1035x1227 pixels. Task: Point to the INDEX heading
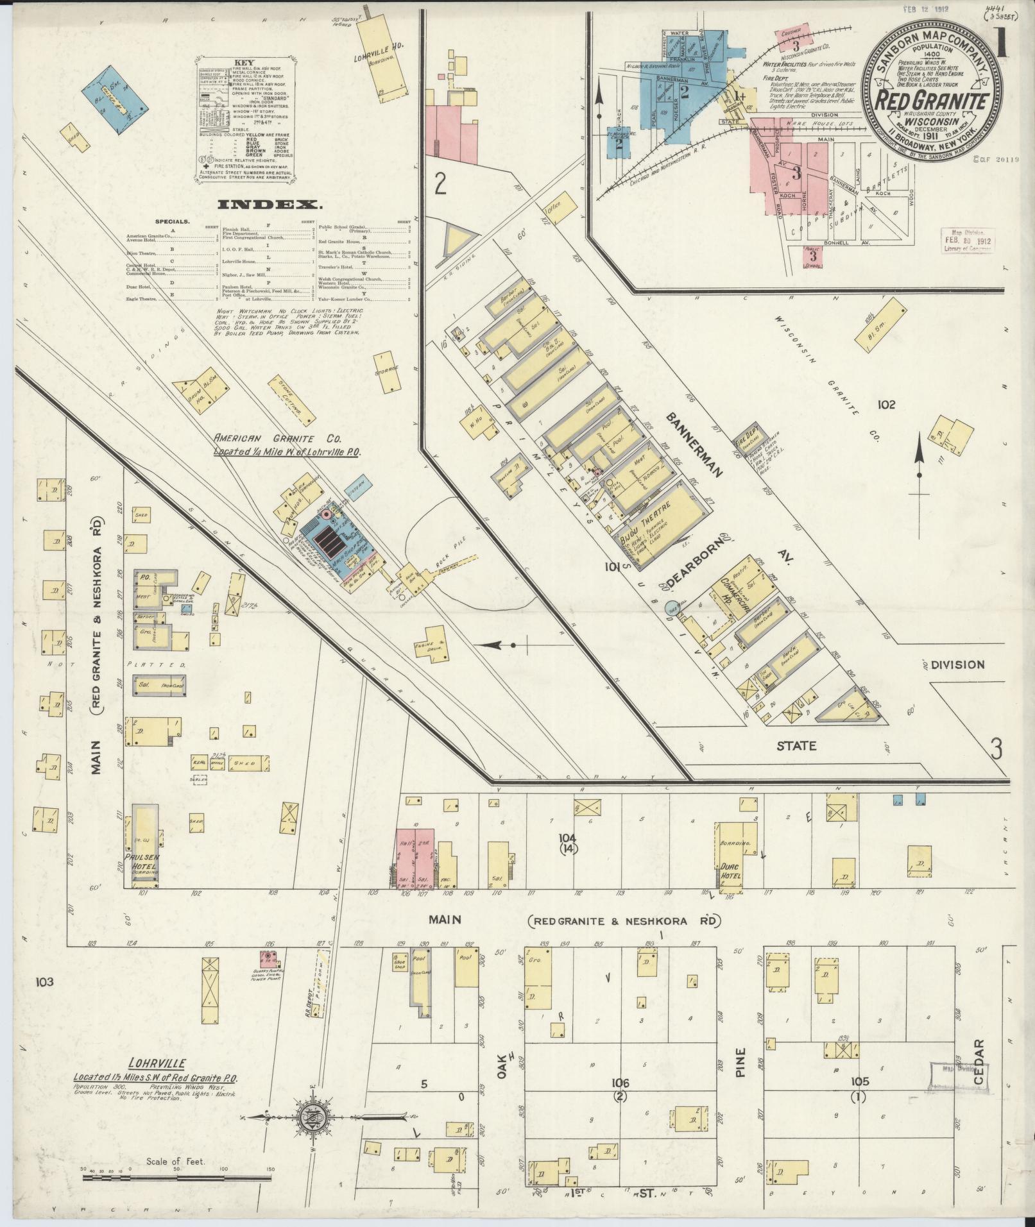269,205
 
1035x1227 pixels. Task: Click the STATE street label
796,745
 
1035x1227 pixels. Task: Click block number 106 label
620,1083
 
